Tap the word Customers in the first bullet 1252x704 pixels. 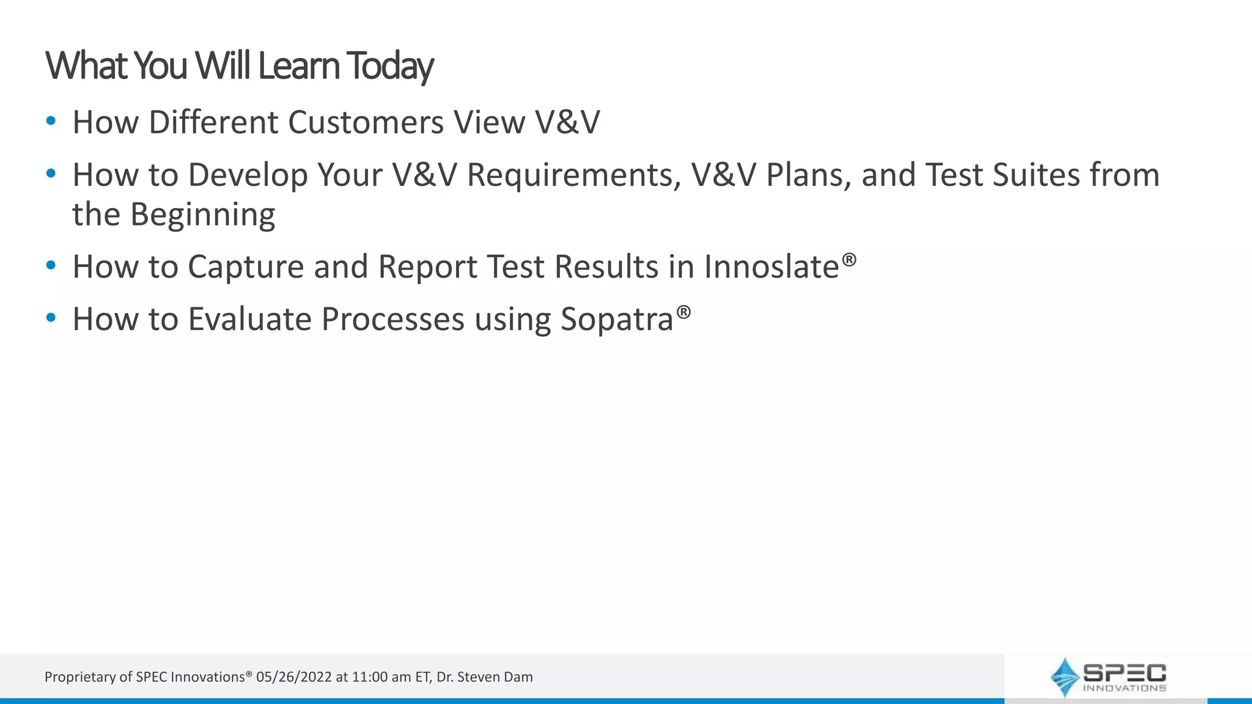(366, 122)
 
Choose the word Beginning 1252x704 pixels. (203, 215)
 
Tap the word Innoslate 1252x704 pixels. (771, 267)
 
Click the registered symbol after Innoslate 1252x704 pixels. (849, 260)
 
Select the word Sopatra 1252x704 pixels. (616, 320)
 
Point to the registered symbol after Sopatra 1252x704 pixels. (683, 312)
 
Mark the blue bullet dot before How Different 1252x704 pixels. (51, 121)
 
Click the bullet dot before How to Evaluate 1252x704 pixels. (51, 318)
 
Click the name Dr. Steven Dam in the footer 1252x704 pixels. (484, 677)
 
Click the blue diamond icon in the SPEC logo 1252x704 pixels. (1064, 677)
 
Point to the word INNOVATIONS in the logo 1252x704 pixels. (1124, 688)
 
